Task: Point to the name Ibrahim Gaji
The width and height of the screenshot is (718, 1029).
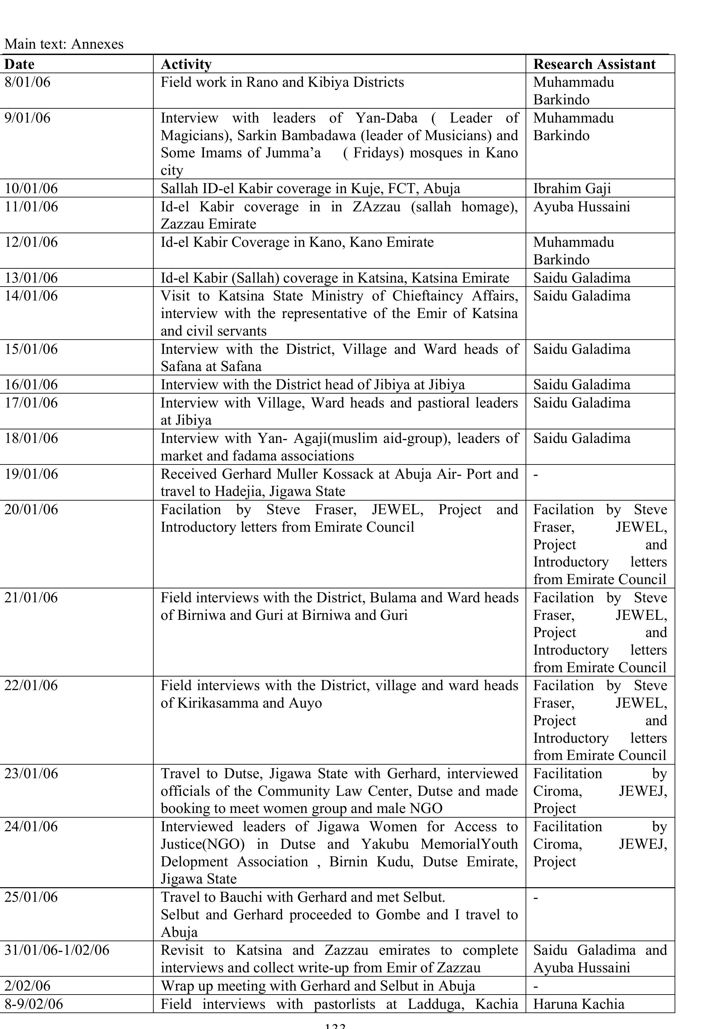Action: [x=572, y=188]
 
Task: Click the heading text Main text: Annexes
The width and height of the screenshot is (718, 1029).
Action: [x=64, y=44]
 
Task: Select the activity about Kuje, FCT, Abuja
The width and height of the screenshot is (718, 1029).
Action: [x=310, y=188]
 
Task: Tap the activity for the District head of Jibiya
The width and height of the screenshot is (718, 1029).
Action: [x=312, y=385]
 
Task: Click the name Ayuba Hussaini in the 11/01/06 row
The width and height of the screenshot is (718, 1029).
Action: [x=581, y=207]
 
